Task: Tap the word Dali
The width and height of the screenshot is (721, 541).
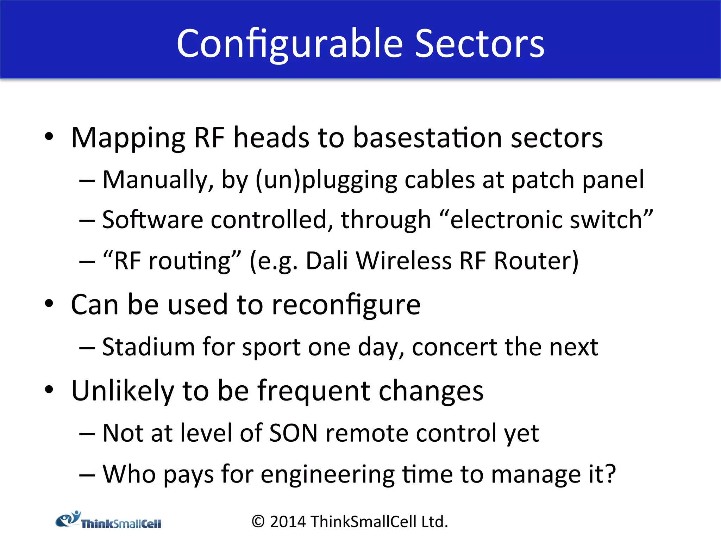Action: [x=327, y=261]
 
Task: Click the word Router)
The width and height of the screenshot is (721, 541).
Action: [x=536, y=261]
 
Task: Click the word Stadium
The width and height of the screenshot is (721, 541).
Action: [x=148, y=347]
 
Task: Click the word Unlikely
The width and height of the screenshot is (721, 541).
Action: [x=123, y=391]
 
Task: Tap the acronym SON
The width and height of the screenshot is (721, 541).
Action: [x=293, y=433]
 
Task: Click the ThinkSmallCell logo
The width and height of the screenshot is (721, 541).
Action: [x=108, y=521]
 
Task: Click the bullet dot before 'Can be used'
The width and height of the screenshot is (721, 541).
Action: [x=49, y=304]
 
